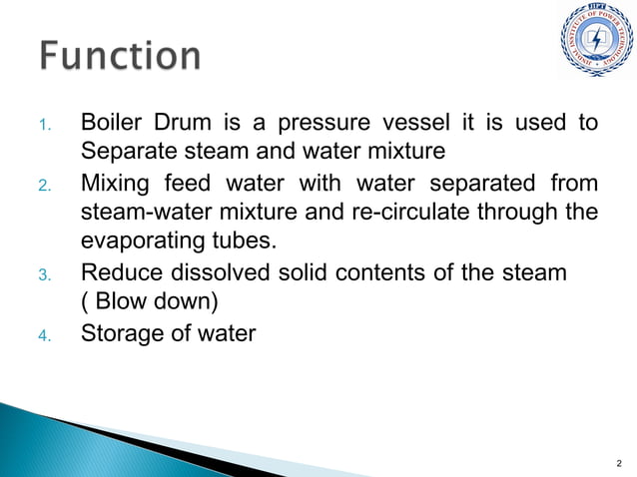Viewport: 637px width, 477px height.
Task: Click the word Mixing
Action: pos(115,186)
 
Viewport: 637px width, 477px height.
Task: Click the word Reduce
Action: pos(118,272)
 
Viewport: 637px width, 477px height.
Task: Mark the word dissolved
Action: pos(216,272)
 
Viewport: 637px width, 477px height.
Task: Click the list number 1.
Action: pos(44,126)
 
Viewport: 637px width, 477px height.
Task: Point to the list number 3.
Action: pos(44,274)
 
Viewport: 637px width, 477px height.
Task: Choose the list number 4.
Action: pos(44,334)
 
